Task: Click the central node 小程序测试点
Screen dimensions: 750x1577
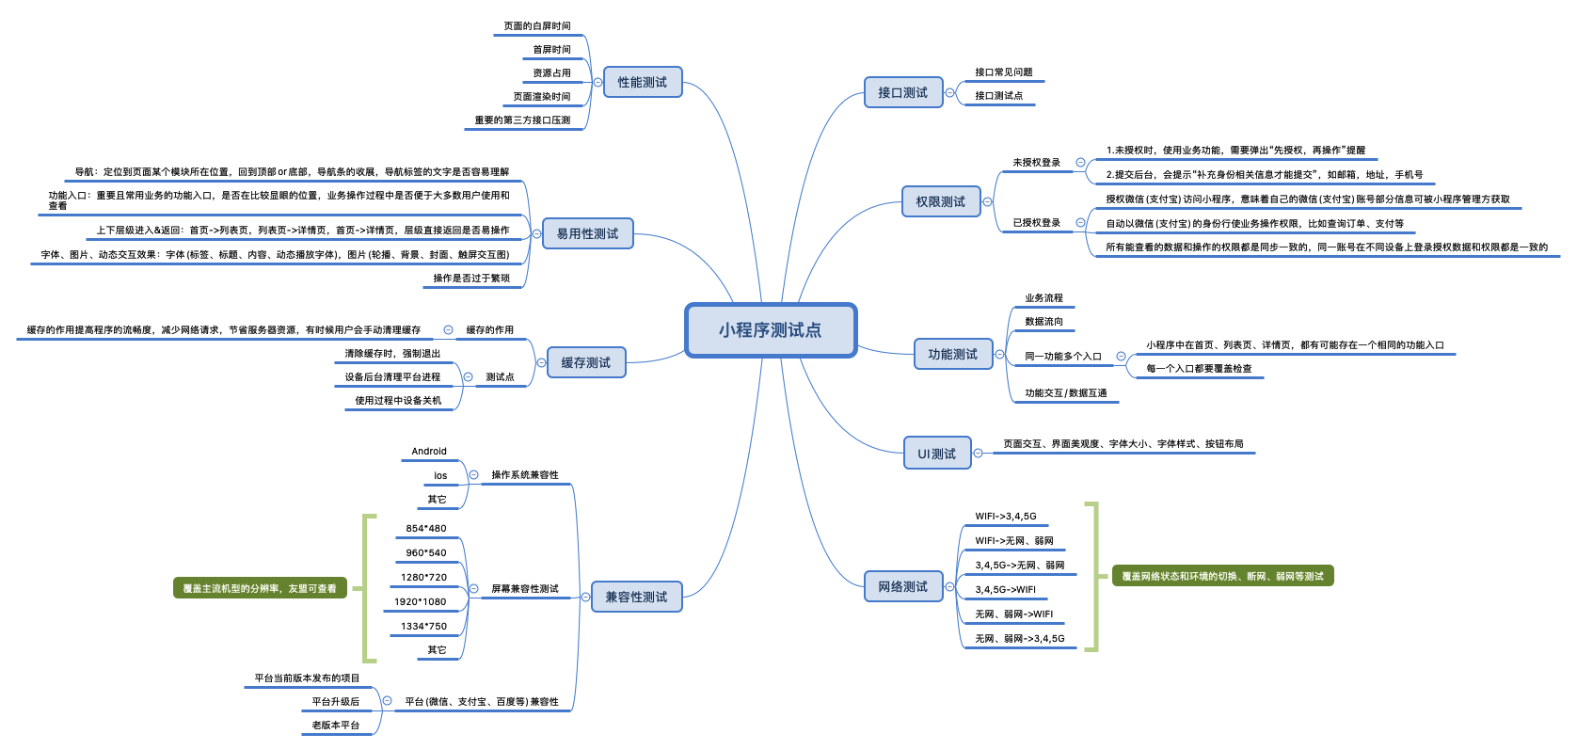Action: click(x=771, y=330)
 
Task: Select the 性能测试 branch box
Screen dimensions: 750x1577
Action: click(x=643, y=82)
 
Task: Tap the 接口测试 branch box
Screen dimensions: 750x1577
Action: click(x=903, y=92)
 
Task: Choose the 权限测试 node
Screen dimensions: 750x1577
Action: click(x=941, y=201)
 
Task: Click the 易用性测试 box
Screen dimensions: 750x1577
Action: click(x=588, y=233)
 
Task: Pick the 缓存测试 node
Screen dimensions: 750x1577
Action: click(x=586, y=362)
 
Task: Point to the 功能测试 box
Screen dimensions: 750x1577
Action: click(x=953, y=354)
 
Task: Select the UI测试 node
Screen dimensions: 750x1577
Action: click(x=937, y=454)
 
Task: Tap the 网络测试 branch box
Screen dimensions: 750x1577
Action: click(x=903, y=586)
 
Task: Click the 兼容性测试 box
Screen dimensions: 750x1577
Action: click(x=636, y=597)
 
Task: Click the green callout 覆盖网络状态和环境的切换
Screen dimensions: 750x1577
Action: click(x=1222, y=576)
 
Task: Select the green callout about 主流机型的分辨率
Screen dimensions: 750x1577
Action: click(x=260, y=588)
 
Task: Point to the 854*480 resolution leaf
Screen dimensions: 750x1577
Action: click(x=426, y=529)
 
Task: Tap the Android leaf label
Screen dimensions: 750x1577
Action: click(x=429, y=452)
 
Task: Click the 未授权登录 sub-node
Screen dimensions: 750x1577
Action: click(x=1037, y=163)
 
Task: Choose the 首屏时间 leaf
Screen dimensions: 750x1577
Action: click(x=551, y=50)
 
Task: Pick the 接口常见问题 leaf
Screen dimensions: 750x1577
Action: click(x=1004, y=72)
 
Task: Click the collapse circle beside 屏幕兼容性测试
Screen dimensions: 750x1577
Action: click(x=473, y=589)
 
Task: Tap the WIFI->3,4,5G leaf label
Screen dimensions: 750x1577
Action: click(x=1006, y=517)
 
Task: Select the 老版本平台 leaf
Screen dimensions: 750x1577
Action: click(x=336, y=726)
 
